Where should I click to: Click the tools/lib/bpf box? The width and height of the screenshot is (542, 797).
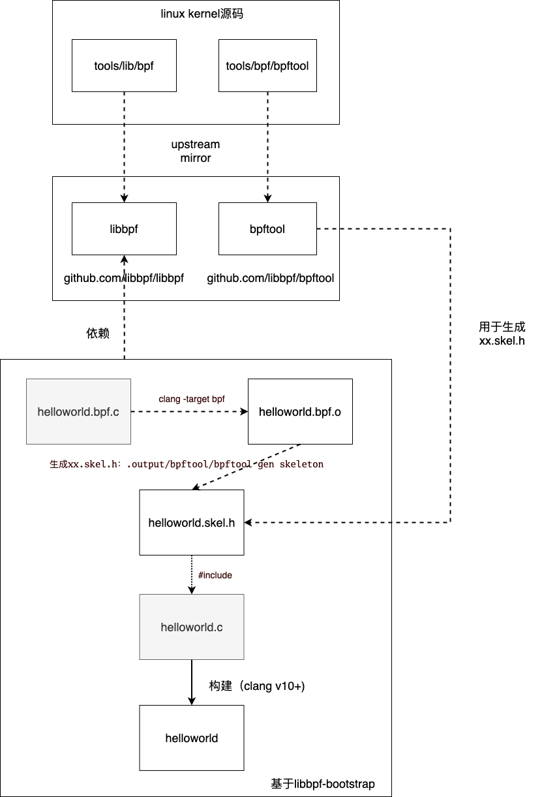124,65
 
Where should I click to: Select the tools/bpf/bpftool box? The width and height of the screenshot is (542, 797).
267,65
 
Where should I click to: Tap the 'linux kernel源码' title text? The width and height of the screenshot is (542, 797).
202,14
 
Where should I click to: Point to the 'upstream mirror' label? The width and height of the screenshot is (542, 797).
196,151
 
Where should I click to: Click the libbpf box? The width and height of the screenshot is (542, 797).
124,228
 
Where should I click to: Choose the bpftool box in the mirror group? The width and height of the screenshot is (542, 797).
267,228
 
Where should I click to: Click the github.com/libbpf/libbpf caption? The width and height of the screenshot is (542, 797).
124,279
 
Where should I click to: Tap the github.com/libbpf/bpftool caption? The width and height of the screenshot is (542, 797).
271,279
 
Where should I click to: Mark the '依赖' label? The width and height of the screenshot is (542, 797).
98,334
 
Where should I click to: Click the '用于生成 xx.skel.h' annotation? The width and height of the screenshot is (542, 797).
502,334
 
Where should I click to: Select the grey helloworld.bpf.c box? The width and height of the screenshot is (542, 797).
78,412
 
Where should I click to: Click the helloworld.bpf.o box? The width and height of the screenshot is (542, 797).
300,412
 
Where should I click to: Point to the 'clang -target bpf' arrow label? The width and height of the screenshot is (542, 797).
192,399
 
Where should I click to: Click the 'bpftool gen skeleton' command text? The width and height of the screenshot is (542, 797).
187,464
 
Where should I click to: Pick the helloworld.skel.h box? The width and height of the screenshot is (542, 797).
192,523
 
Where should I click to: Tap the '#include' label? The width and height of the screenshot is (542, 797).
215,575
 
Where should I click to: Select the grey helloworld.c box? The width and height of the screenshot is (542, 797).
192,627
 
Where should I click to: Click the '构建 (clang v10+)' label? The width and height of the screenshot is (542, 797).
257,686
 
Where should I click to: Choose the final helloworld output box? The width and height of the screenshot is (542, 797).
192,738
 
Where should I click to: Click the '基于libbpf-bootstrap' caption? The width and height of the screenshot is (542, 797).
323,784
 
